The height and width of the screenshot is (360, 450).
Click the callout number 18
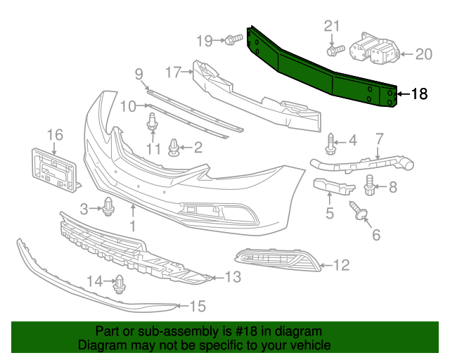pyautogui.click(x=419, y=94)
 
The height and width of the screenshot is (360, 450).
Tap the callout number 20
pyautogui.click(x=424, y=53)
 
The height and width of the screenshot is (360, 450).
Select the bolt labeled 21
pyautogui.click(x=335, y=50)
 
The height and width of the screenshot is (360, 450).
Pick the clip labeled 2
pyautogui.click(x=174, y=147)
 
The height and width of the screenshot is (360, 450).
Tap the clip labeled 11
pyautogui.click(x=151, y=124)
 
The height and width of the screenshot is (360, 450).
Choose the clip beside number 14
pyautogui.click(x=118, y=283)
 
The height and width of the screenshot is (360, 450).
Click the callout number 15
pyautogui.click(x=198, y=306)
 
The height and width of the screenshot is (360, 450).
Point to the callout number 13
pyautogui.click(x=233, y=277)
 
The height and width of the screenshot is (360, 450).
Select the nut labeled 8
pyautogui.click(x=371, y=186)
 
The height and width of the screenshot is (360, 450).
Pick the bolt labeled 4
pyautogui.click(x=330, y=145)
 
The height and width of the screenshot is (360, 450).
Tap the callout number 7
pyautogui.click(x=379, y=139)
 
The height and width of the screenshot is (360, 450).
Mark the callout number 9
pyautogui.click(x=139, y=73)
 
